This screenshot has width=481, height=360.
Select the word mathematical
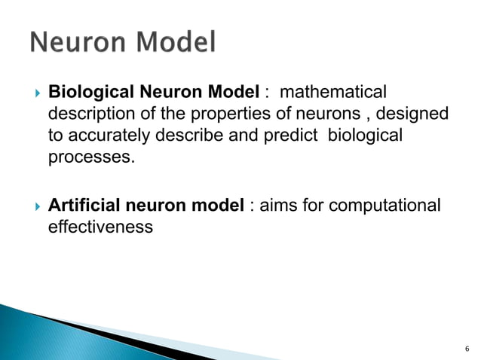(x=333, y=93)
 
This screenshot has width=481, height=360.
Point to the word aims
(x=276, y=205)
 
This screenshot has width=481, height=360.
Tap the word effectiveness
(x=100, y=227)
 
